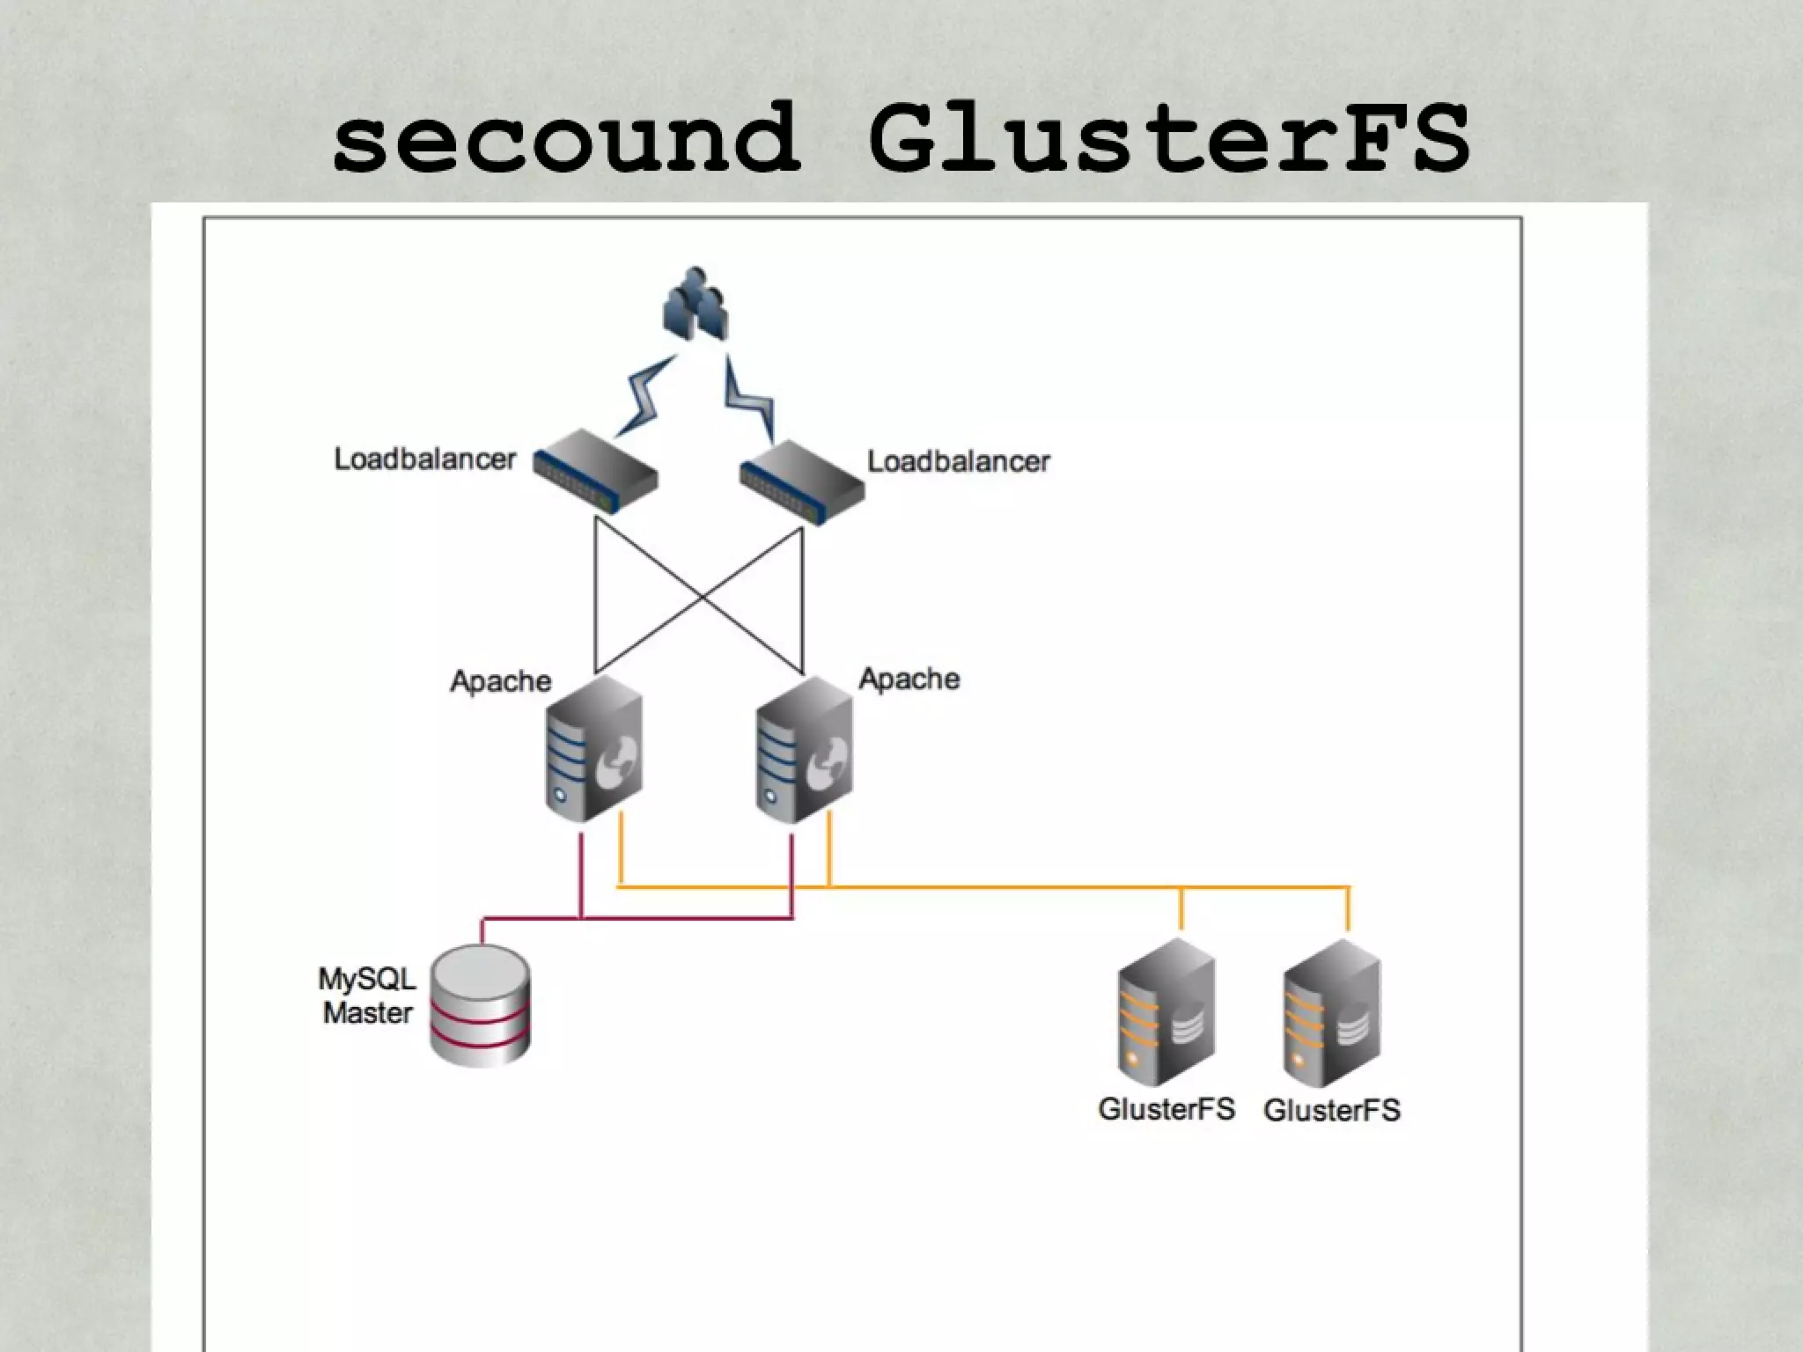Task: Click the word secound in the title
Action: [568, 139]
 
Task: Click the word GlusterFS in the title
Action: [1168, 139]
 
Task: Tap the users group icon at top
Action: [695, 304]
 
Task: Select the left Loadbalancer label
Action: [424, 459]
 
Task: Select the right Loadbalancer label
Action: [959, 462]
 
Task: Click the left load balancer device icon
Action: [596, 471]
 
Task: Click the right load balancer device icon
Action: [802, 483]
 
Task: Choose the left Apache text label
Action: [500, 681]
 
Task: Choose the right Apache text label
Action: [909, 679]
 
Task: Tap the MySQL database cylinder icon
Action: [480, 1005]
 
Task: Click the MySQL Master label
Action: [367, 996]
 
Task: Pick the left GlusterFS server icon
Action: [1166, 1012]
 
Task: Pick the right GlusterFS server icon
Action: [1332, 1012]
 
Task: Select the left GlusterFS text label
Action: [1166, 1109]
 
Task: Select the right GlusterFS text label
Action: [1331, 1111]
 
